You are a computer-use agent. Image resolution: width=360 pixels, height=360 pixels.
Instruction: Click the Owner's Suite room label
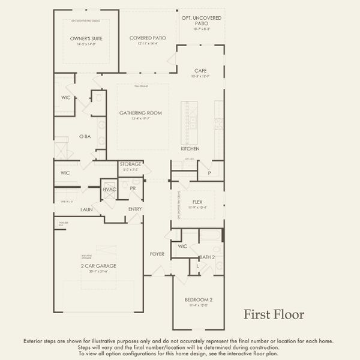pos(86,38)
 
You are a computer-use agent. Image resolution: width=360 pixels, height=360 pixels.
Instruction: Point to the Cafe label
pos(200,71)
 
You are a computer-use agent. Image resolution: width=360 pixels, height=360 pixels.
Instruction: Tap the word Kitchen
pos(190,149)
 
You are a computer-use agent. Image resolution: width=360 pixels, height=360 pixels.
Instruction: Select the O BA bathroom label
pos(85,137)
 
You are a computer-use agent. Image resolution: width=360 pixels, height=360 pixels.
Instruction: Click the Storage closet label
pos(130,164)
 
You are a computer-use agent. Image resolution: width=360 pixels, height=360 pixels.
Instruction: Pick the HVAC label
pos(109,190)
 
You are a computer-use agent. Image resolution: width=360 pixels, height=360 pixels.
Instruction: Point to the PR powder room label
pos(133,188)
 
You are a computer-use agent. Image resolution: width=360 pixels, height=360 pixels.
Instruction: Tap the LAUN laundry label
pos(86,210)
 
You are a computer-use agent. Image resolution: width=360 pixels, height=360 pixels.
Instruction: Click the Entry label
pos(135,209)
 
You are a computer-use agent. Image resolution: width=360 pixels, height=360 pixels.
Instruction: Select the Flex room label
pos(197,202)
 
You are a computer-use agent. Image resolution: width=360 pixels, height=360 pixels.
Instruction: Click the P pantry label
pos(209,173)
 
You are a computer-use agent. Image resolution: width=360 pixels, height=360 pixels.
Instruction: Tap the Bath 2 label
pos(207,257)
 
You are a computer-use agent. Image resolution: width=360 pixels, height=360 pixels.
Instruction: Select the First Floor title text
pos(273,314)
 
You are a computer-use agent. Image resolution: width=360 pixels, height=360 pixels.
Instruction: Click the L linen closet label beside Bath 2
pos(198,265)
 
